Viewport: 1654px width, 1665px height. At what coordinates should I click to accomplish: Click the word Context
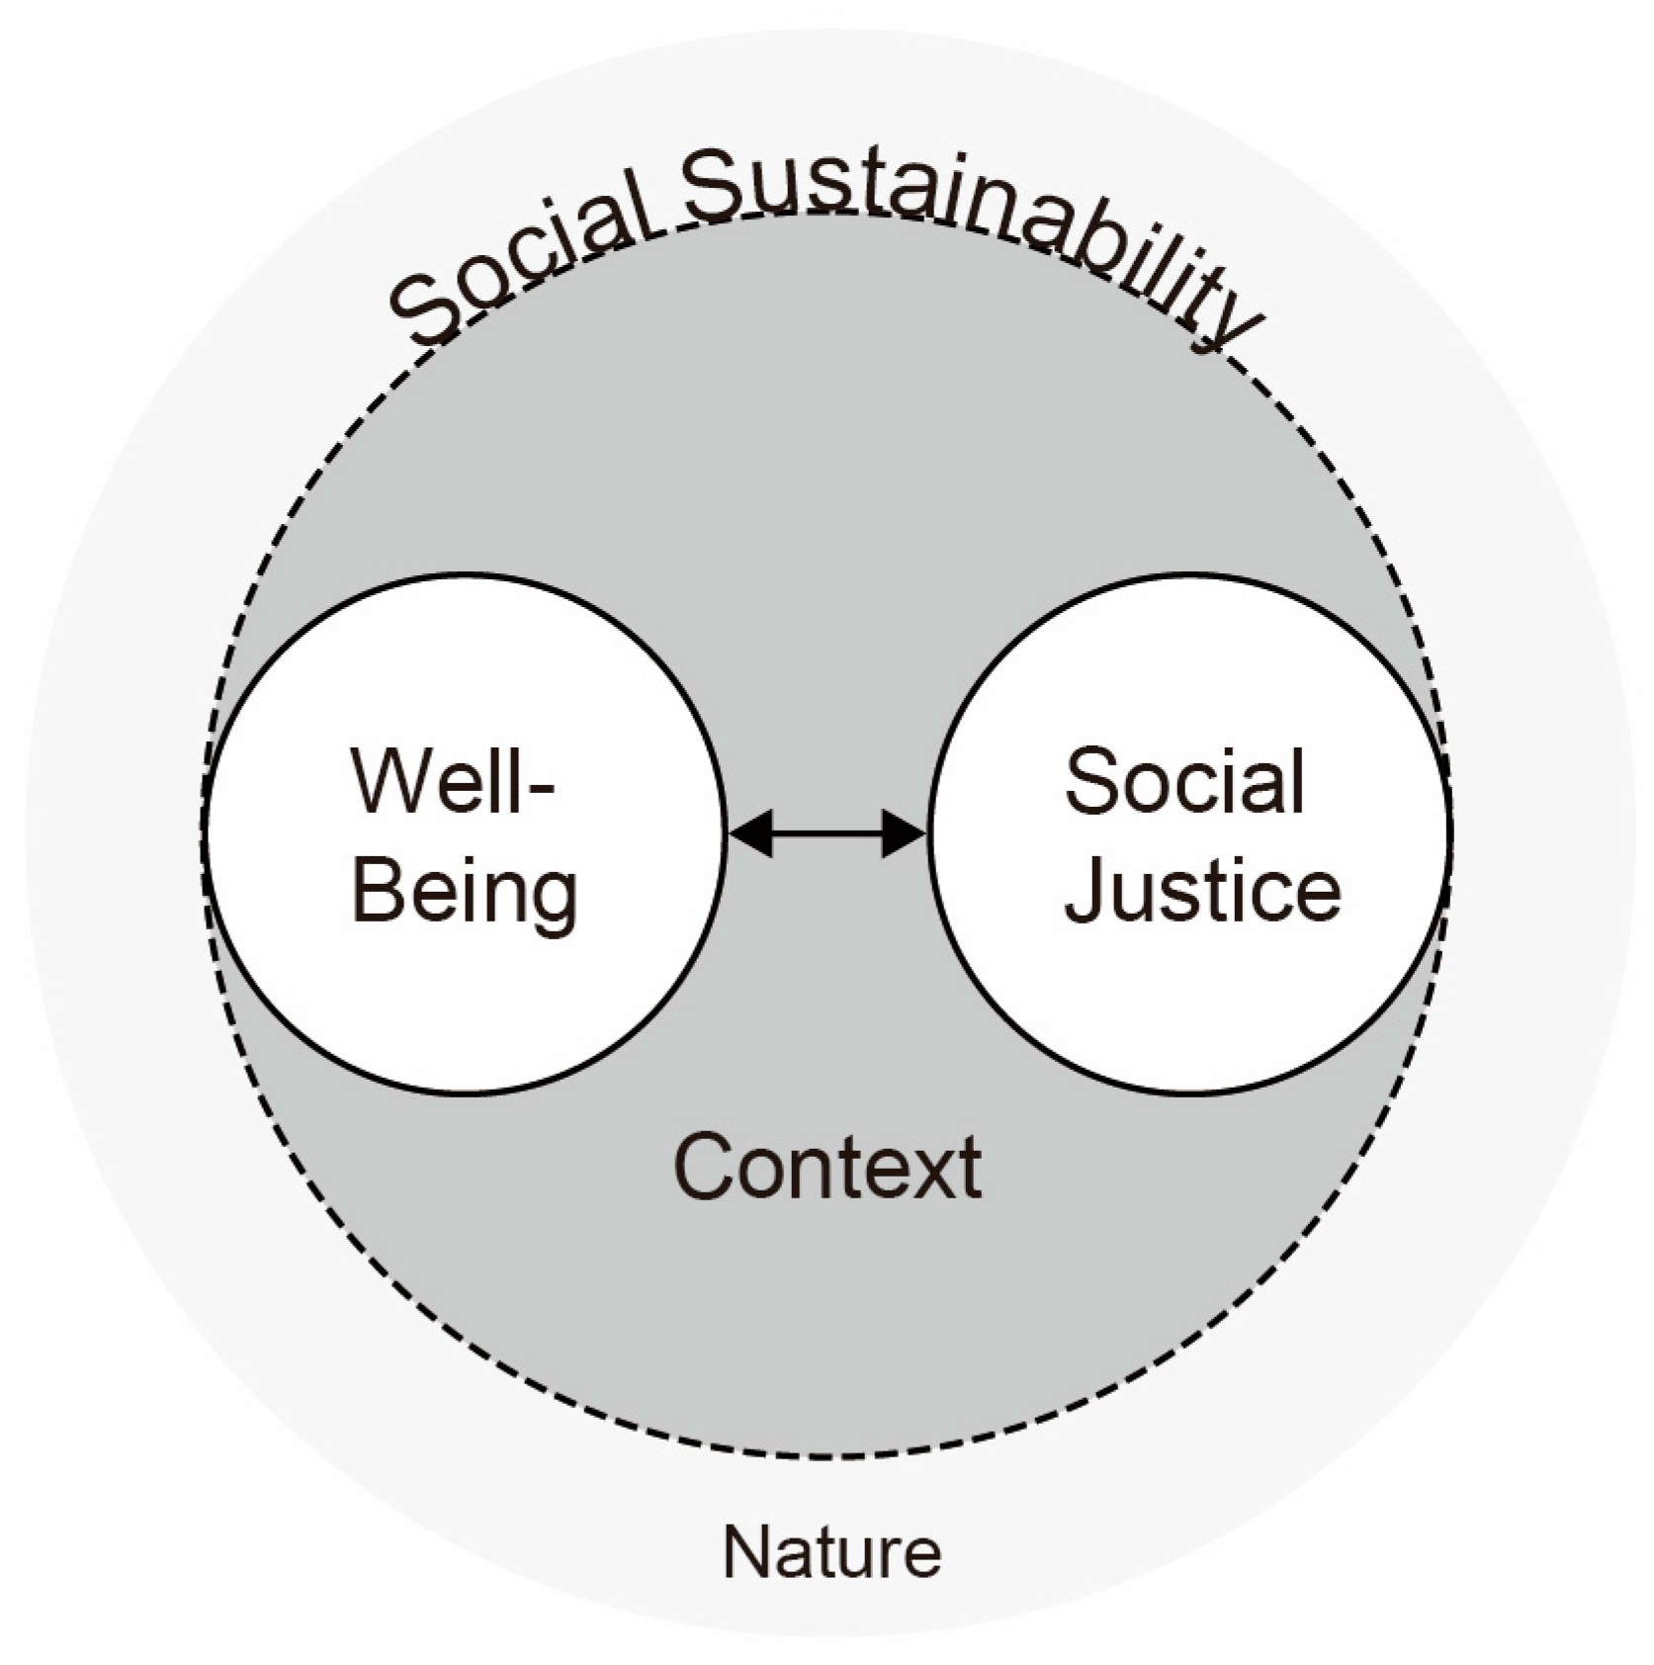pos(827,1168)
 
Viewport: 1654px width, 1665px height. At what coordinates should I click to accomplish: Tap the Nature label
pos(831,1551)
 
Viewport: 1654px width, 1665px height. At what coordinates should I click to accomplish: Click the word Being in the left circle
pos(465,890)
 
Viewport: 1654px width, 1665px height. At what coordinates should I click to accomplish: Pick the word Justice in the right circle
pos(1202,890)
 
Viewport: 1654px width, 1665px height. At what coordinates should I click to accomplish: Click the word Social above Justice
pos(1184,782)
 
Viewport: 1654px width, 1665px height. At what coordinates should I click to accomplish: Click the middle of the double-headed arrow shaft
pos(826,833)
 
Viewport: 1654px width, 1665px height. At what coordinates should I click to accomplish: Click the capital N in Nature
pos(745,1551)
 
